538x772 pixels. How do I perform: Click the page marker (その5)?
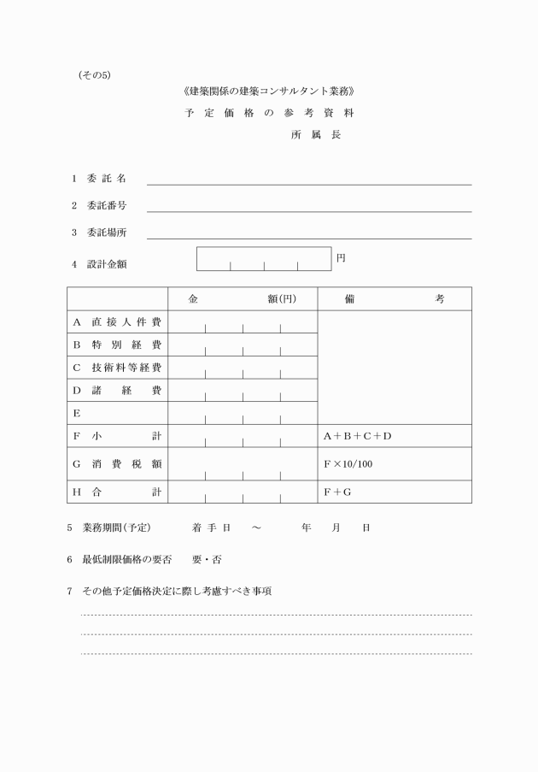[94, 75]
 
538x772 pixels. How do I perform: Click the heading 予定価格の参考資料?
[269, 113]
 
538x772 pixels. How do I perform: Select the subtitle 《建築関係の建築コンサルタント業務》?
[269, 91]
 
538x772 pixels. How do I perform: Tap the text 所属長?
[315, 135]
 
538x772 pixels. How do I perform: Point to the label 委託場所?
[106, 233]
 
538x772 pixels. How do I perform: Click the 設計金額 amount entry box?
[264, 258]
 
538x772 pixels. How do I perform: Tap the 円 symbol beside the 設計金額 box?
[341, 257]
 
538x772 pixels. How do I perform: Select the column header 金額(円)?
[243, 299]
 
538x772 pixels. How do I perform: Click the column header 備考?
[394, 299]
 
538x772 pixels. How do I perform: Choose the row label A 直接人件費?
[117, 322]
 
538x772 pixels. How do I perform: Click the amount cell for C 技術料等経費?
[243, 368]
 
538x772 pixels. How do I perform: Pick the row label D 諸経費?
[117, 391]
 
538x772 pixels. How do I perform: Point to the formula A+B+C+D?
[357, 436]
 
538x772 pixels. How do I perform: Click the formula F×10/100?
[348, 464]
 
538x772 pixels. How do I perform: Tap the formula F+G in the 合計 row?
[337, 492]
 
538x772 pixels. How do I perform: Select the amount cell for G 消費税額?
[243, 464]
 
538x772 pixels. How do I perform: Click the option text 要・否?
[207, 559]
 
